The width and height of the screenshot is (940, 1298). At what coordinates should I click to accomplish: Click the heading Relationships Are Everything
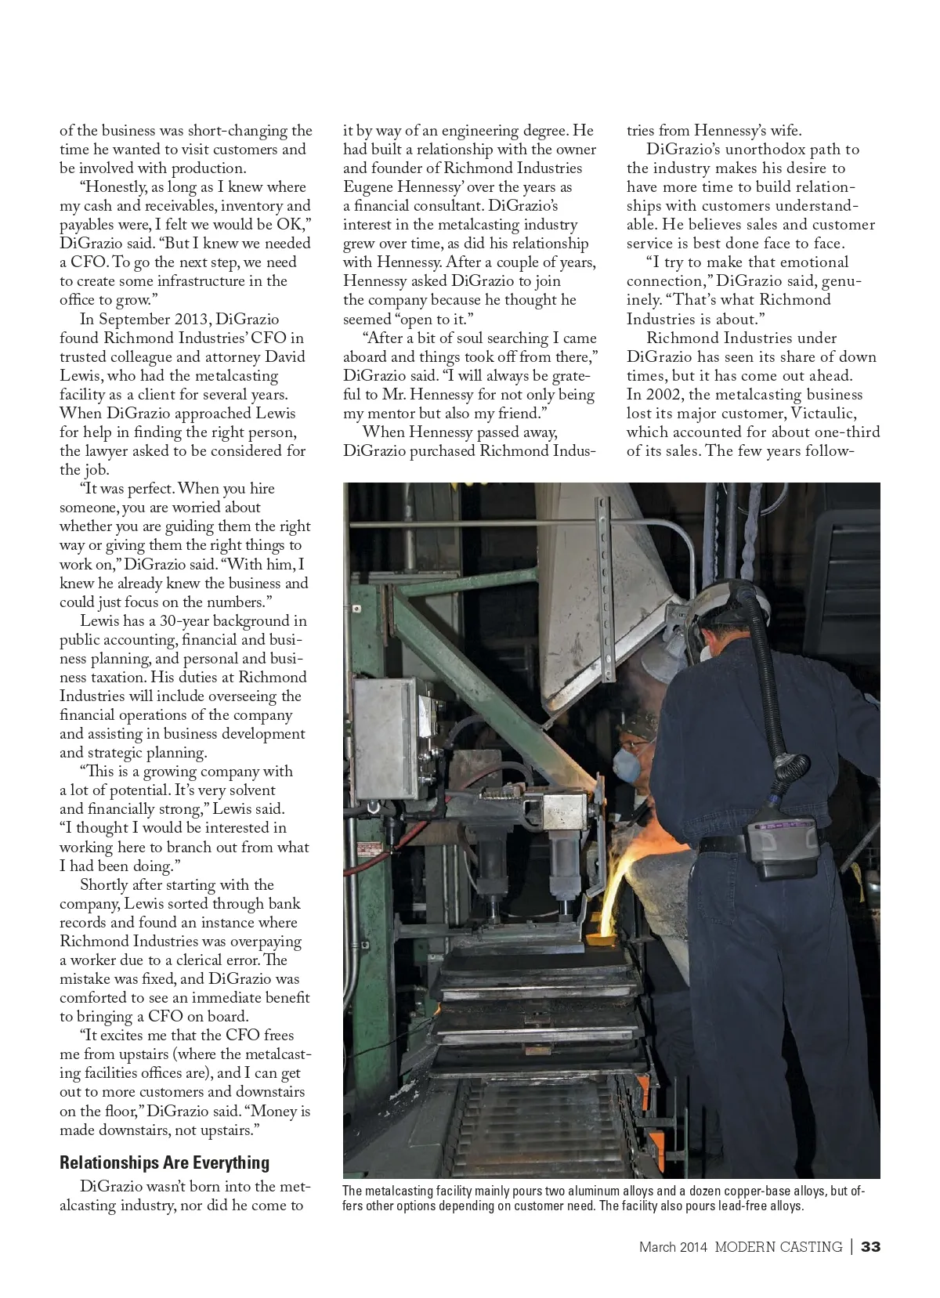coord(164,1162)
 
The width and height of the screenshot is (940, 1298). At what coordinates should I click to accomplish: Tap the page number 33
coord(870,1246)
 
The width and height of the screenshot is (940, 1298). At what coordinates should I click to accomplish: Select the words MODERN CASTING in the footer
coord(778,1246)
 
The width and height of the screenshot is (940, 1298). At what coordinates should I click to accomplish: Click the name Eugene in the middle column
coord(368,186)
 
